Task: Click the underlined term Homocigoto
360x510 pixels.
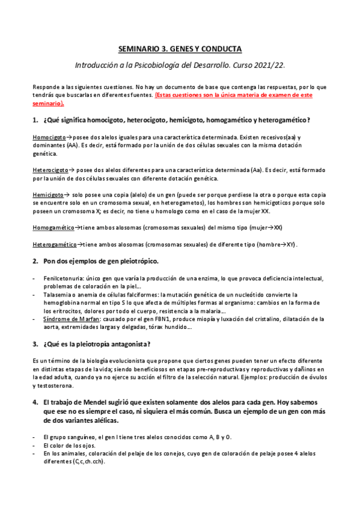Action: [49, 138]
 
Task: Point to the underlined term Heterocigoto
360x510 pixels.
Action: [50, 171]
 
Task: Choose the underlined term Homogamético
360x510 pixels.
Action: [53, 229]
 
